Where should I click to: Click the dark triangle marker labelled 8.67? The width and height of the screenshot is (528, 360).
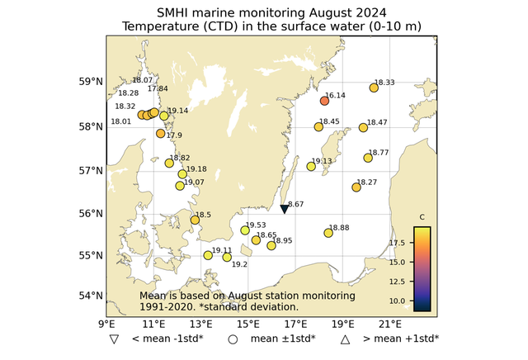coord(284,210)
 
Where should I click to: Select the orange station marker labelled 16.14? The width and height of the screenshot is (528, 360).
coord(324,101)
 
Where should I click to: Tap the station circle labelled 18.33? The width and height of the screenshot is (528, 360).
coord(374,88)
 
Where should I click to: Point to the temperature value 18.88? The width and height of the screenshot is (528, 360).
coord(339,228)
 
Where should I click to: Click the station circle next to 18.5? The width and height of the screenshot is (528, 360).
coord(195,220)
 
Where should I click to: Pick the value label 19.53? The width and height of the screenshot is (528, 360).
coord(256,225)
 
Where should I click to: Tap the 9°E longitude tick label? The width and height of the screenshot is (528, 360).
coord(106,323)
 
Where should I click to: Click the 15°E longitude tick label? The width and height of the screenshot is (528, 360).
coord(249,323)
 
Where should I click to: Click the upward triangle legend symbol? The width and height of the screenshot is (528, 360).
coord(346,339)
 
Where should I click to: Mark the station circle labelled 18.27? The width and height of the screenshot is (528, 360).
coord(356,187)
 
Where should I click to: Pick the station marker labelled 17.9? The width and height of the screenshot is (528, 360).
coord(161,133)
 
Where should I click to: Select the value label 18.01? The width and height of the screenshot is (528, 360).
coord(121,121)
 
